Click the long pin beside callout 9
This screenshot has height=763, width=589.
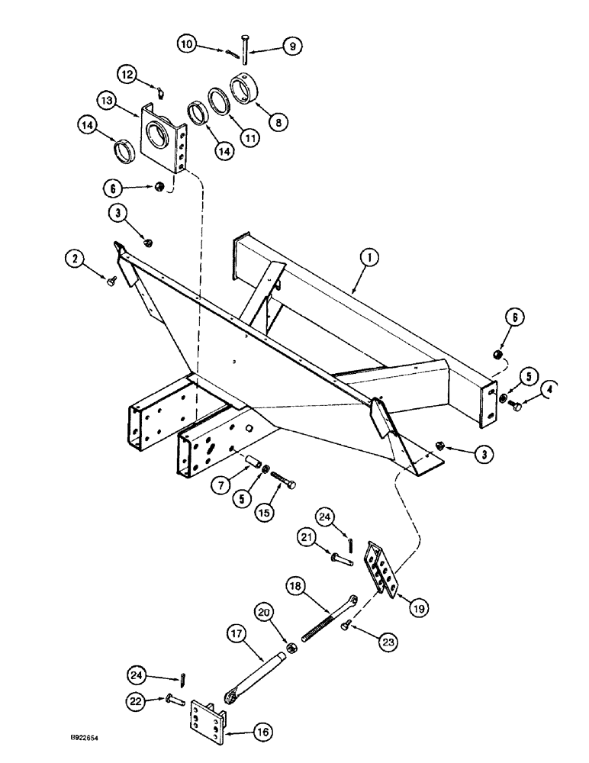point(243,49)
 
